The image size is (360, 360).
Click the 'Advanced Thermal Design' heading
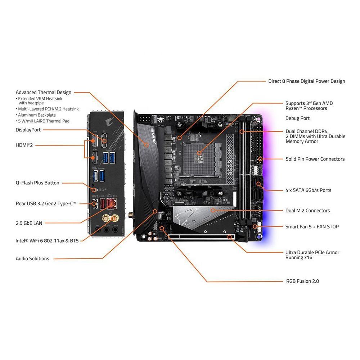tap(44, 92)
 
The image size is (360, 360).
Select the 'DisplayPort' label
tap(28, 130)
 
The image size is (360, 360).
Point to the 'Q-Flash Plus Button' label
tap(37, 183)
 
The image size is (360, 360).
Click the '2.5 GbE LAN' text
tap(29, 223)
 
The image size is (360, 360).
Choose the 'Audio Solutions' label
tap(32, 258)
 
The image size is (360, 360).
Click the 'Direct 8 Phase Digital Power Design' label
tap(306, 81)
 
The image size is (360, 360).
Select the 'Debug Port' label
tap(297, 118)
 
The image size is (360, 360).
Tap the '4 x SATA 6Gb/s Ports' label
tap(308, 190)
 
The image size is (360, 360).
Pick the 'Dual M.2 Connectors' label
tap(307, 211)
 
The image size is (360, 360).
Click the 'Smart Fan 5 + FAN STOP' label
tap(312, 226)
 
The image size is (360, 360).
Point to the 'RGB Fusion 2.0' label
tap(302, 281)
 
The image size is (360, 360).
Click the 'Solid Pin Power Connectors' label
tap(315, 159)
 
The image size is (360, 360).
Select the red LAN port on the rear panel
tap(112, 204)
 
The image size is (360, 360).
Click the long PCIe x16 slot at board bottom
tap(202, 238)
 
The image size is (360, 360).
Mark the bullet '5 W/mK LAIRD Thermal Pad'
tap(44, 121)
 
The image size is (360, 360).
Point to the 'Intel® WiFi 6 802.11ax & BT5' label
tap(47, 240)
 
